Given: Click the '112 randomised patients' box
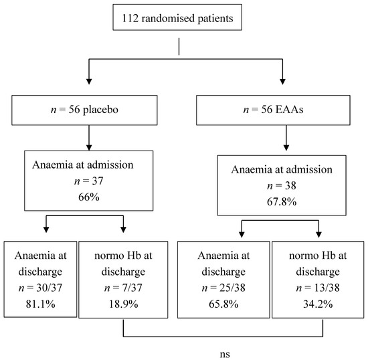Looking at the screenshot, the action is tap(177, 17).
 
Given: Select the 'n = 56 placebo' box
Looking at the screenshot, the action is tap(84, 110).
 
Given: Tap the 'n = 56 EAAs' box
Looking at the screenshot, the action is tap(273, 110).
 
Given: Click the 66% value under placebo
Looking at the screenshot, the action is tap(89, 197).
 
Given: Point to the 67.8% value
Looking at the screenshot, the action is tap(282, 202).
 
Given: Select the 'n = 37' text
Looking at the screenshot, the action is tap(89, 181).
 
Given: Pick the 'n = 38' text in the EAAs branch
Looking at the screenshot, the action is tap(282, 185).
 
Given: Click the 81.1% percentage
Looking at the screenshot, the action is tap(40, 304).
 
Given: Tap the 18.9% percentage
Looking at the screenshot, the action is tap(123, 304).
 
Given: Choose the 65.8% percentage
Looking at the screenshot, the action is tap(223, 304).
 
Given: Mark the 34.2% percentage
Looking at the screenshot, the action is tap(318, 304).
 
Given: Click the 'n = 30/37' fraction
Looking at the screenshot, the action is tap(40, 288).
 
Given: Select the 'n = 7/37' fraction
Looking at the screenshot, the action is tap(123, 288).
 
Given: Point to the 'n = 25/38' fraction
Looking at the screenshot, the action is tap(223, 288).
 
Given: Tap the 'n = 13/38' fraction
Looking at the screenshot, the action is tap(318, 288).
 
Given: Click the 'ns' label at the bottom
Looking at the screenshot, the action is tap(225, 354).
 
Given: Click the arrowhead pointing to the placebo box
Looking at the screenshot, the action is tap(89, 81).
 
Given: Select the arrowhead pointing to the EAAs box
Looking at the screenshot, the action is tap(282, 81).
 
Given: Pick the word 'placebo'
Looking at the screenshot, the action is tap(100, 110).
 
